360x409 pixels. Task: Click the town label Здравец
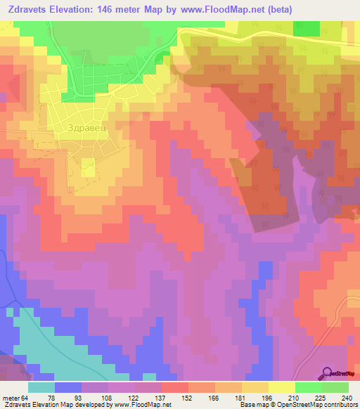click(85, 129)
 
